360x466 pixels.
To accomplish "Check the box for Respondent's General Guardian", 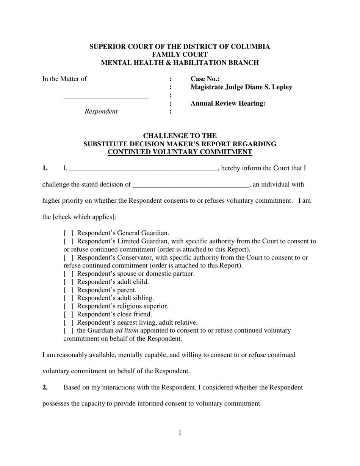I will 69,233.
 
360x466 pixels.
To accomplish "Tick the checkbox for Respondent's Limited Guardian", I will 69,241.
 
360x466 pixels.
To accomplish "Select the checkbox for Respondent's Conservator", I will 69,258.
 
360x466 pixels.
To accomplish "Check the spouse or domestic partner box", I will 69,274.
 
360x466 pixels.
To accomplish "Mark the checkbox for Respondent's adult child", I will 69,282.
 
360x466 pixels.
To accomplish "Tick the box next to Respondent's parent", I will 69,290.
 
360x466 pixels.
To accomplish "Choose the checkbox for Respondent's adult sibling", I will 69,298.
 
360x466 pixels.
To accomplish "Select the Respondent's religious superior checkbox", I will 69,306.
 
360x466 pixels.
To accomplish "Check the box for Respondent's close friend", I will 69,314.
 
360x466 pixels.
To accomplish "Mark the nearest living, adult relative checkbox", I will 69,323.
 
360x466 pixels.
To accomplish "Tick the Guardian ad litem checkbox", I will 69,331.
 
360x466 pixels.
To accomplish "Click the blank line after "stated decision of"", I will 191,185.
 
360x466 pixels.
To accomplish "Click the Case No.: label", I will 205,79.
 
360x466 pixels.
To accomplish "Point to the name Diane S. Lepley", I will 269,87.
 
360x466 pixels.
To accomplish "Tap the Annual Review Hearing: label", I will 228,103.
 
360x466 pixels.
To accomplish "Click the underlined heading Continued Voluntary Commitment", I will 180,152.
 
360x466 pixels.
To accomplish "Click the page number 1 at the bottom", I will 180,433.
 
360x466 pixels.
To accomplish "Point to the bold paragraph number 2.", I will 45,388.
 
